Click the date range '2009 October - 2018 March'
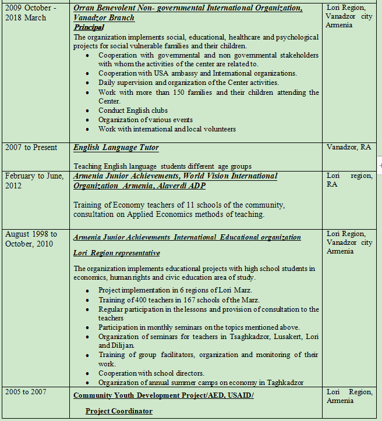(31, 13)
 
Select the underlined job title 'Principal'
(89, 27)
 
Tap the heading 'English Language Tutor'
(116, 148)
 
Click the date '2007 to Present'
(31, 148)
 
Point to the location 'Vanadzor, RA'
(349, 148)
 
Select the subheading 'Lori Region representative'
(116, 253)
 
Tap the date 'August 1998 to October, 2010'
(31, 238)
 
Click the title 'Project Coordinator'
(119, 411)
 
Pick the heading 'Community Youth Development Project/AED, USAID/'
(164, 396)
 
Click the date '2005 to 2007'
(26, 392)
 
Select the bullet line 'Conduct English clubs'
(133, 110)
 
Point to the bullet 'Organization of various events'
(145, 120)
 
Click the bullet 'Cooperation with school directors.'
(151, 373)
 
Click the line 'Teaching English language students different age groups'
(162, 166)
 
